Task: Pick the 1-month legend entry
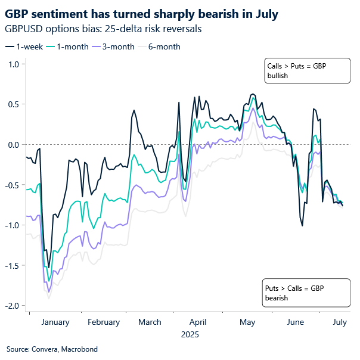click(69, 46)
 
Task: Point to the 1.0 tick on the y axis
click(13, 64)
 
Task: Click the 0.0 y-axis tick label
click(13, 144)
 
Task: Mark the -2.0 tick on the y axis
click(11, 305)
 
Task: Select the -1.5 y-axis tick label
click(11, 265)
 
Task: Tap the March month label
click(150, 322)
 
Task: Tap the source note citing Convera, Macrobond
click(52, 349)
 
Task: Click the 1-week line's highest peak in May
click(253, 94)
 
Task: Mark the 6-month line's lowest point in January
click(48, 298)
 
